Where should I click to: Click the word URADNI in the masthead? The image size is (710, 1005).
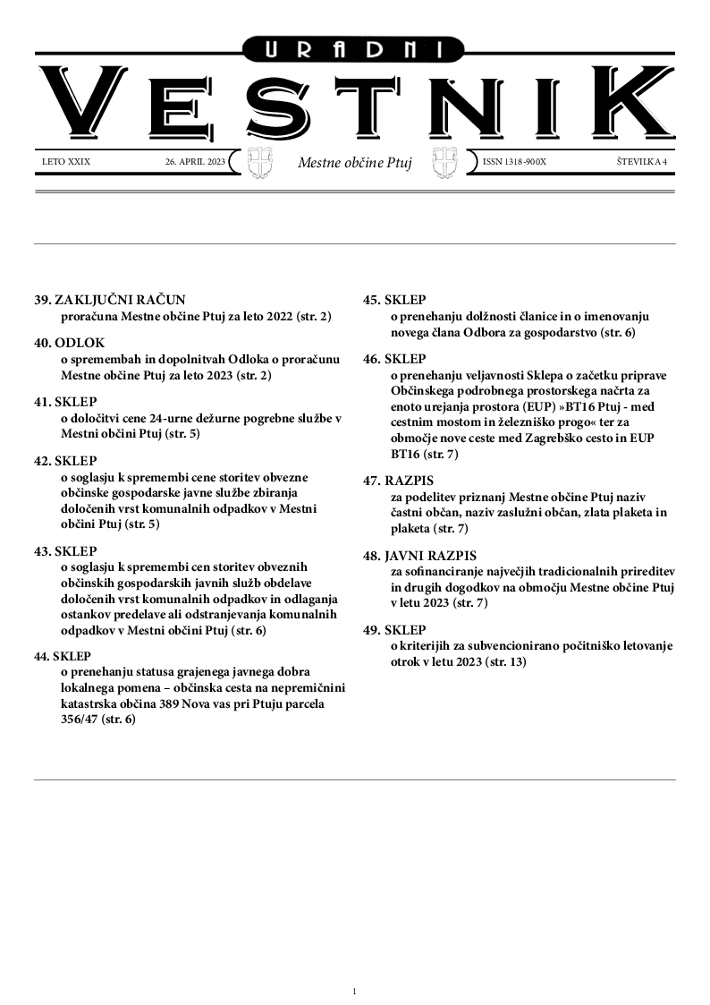coord(355,50)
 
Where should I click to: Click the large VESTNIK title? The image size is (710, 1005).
coord(355,106)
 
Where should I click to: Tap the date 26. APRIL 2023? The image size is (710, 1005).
coord(195,162)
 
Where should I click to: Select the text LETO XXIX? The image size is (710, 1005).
coord(66,162)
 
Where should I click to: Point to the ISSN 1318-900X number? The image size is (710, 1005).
coord(513,162)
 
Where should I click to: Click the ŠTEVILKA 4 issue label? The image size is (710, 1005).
coord(642,162)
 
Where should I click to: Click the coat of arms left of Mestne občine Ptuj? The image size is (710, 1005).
coord(259,163)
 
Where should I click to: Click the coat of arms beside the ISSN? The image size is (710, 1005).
coord(444,163)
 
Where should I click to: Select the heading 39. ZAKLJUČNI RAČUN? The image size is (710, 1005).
coord(109,301)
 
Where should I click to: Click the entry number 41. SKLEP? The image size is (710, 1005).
coord(65,403)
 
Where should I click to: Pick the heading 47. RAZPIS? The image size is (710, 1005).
coord(398,481)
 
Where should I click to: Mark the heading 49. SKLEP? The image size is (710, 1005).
coord(394,630)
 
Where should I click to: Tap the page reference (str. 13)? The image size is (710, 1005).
coord(503,662)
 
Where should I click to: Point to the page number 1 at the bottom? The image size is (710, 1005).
coord(355,991)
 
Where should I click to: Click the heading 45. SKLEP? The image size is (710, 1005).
coord(394,301)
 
